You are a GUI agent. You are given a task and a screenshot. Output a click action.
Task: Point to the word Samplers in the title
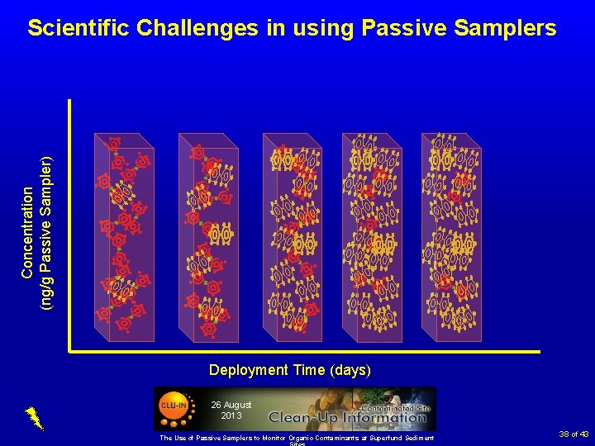coord(510,28)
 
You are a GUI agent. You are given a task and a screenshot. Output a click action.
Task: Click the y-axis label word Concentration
coord(28,231)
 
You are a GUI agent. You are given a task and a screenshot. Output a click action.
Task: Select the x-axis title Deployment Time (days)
coord(290,370)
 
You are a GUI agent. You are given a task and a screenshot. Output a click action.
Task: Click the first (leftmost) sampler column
coord(124,238)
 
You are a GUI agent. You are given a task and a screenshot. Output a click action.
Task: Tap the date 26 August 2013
coord(231,410)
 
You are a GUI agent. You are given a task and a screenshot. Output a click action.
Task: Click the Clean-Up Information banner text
coord(348,417)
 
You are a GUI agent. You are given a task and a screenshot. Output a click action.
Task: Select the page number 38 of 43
coord(573,434)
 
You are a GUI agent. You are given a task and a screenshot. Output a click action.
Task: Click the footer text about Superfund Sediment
coord(297,437)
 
